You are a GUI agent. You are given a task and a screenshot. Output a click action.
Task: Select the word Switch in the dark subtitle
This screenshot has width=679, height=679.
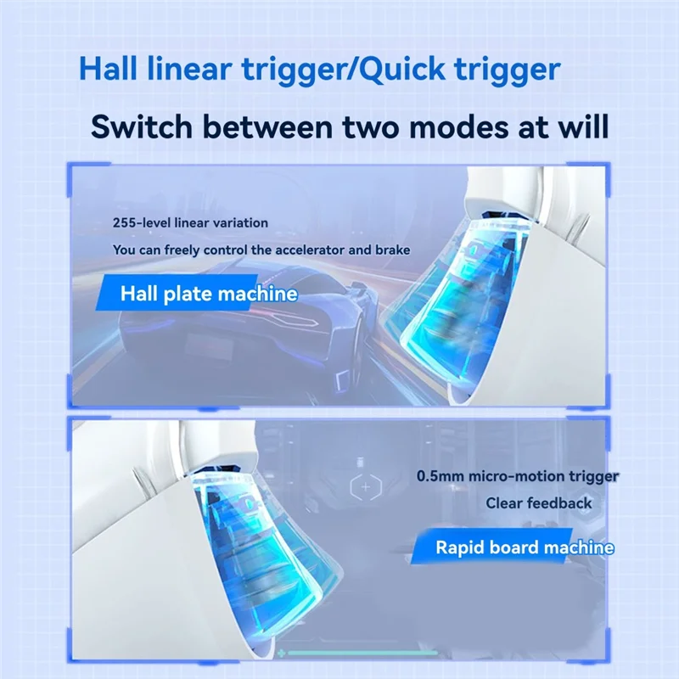(142, 126)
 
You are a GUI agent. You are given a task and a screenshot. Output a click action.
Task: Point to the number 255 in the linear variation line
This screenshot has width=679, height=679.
(122, 223)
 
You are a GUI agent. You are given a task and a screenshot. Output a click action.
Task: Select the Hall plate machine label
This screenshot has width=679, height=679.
(209, 293)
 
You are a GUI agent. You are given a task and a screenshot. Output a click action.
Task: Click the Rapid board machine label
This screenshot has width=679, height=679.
(524, 547)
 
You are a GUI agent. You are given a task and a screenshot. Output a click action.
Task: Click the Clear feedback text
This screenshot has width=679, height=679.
(539, 503)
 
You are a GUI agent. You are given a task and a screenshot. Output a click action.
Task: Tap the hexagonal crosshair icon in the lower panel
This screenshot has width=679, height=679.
(366, 487)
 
